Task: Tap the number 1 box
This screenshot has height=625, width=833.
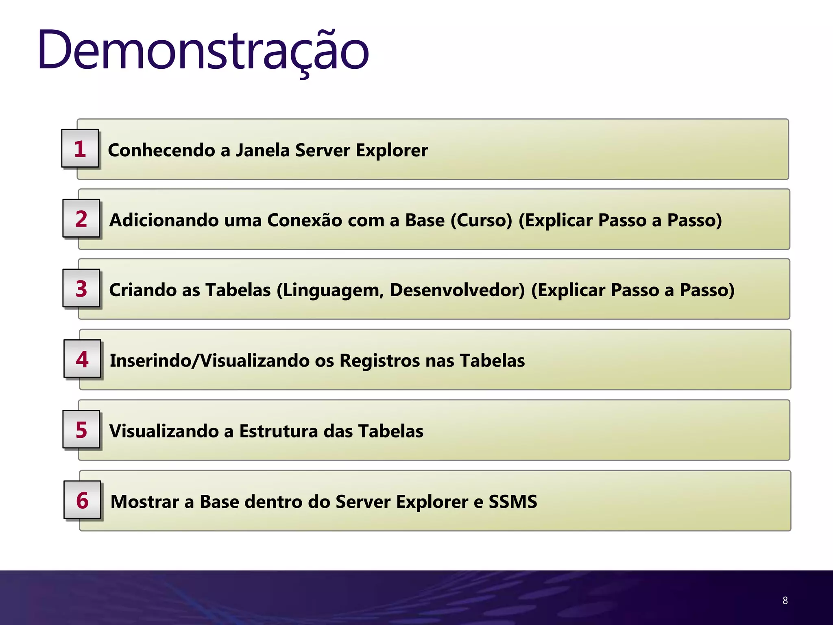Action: click(x=80, y=149)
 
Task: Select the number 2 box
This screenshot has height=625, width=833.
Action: click(x=81, y=219)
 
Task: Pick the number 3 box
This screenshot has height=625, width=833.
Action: click(x=81, y=288)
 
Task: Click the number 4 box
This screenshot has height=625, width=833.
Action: click(x=82, y=359)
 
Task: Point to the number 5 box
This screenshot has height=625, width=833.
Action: click(x=81, y=430)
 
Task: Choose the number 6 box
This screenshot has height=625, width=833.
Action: click(x=82, y=500)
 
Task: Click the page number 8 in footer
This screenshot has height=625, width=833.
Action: click(x=785, y=600)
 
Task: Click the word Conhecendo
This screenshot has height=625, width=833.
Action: click(x=161, y=150)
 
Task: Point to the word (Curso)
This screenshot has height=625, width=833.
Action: click(x=481, y=220)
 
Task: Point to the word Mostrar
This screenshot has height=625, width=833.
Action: click(x=144, y=501)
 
